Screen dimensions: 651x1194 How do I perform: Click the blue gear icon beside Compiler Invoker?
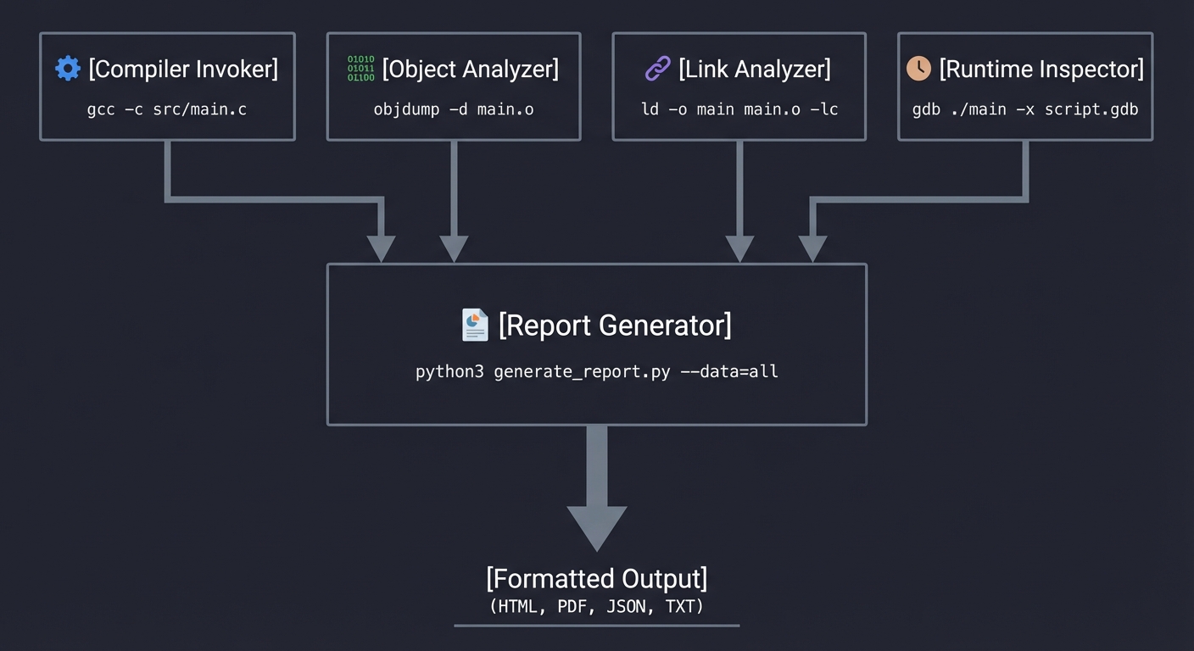68,69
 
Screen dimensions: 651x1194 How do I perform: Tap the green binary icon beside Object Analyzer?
361,69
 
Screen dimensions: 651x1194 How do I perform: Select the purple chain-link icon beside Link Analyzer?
658,69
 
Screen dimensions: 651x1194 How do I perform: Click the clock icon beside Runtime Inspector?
918,69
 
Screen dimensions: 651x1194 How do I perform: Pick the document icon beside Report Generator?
475,325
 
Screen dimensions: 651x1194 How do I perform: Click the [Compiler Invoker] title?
183,69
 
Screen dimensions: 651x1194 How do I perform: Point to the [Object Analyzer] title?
471,69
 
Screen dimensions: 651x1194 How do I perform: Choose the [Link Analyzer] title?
755,69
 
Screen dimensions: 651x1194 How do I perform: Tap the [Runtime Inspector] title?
1041,69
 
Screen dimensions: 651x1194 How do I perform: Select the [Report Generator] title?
615,325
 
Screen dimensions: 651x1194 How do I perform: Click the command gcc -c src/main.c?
167,109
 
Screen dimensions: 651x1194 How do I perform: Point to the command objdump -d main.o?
454,109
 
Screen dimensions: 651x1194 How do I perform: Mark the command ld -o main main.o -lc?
739,109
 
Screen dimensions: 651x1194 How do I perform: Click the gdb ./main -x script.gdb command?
1025,109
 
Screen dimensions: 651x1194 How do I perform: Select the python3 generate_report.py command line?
597,371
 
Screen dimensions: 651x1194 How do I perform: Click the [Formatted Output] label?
597,579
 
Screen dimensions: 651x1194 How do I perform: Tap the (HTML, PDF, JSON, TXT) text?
597,607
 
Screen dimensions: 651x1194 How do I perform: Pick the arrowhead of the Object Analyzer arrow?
454,249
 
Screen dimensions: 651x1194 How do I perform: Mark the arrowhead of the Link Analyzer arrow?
740,249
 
